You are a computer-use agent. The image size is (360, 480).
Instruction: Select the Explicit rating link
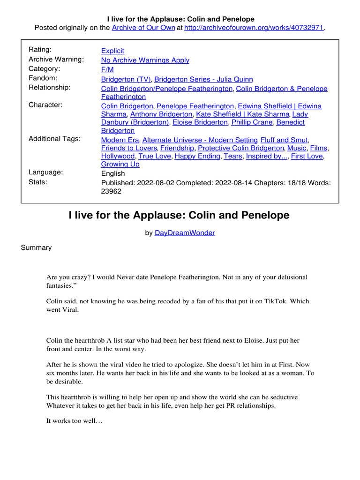point(112,51)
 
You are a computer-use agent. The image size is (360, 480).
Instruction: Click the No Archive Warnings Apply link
point(145,60)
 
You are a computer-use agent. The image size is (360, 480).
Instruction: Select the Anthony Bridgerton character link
point(161,114)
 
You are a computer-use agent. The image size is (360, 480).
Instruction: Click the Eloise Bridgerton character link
point(201,122)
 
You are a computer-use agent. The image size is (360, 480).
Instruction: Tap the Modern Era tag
point(120,140)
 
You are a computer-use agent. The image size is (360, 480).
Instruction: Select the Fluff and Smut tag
point(285,140)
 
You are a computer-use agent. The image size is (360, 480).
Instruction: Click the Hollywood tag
point(117,156)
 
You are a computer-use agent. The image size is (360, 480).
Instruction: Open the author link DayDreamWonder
point(185,232)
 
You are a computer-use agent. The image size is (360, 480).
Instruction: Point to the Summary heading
point(36,247)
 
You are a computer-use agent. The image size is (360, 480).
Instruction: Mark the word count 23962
point(112,191)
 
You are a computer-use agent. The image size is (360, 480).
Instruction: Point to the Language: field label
point(45,172)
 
